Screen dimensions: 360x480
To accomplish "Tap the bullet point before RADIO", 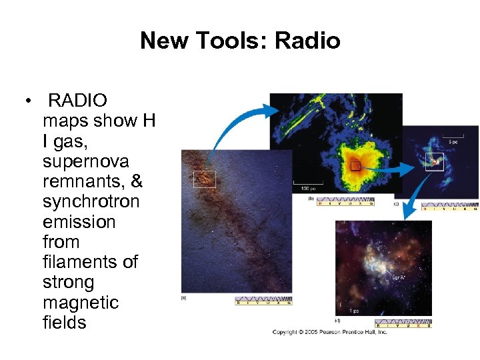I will pyautogui.click(x=30, y=101).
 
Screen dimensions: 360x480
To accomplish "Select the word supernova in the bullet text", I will pyautogui.click(x=85, y=161).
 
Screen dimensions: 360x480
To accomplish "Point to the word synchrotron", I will pyautogui.click(x=91, y=201).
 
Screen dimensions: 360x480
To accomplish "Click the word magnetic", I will pyautogui.click(x=81, y=302).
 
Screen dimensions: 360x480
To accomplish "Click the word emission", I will pyautogui.click(x=79, y=221).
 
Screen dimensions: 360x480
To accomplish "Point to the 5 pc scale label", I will pyautogui.click(x=451, y=143).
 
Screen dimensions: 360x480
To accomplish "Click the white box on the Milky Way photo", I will pyautogui.click(x=204, y=179).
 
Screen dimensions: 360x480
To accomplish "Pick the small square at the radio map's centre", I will pyautogui.click(x=355, y=165).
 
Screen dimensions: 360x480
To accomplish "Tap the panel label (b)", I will pyautogui.click(x=311, y=199).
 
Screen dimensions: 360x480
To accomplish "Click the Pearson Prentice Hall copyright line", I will pyautogui.click(x=329, y=331).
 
